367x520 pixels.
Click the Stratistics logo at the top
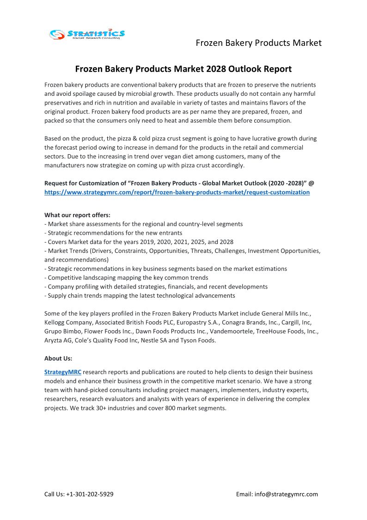click(x=87, y=34)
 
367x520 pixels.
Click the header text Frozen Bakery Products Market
click(x=258, y=43)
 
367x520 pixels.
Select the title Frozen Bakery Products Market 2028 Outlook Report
click(x=183, y=69)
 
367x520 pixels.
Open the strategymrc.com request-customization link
click(x=177, y=192)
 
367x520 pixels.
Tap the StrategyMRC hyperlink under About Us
click(x=63, y=372)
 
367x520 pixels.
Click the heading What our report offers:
click(x=77, y=215)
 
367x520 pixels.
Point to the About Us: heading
click(x=58, y=358)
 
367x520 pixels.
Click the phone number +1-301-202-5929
click(x=90, y=494)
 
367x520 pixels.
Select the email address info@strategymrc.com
click(x=286, y=494)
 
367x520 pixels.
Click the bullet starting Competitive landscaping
click(x=128, y=278)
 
